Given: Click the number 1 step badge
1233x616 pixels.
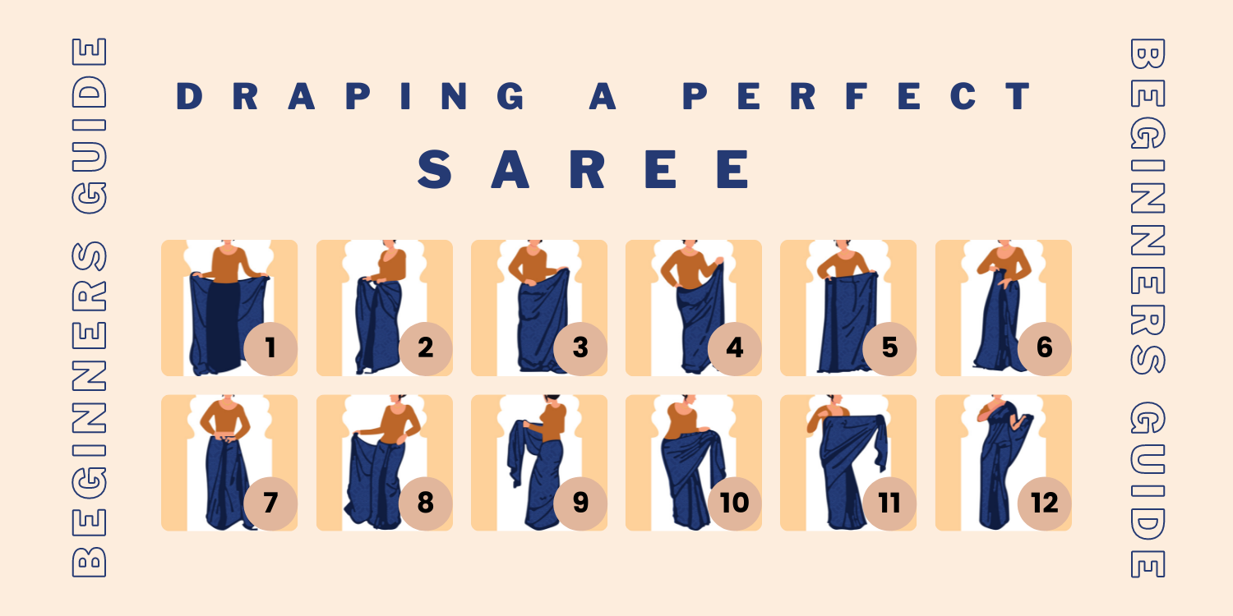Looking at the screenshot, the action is click(270, 349).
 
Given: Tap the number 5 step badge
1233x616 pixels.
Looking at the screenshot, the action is click(889, 349).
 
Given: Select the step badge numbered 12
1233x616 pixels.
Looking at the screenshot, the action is click(1044, 503).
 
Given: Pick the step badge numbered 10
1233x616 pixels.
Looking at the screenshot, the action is click(735, 503).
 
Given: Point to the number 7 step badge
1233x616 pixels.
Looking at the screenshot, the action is click(270, 503).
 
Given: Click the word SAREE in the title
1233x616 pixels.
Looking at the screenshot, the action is click(584, 169).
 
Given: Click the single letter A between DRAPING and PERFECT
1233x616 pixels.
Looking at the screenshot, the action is click(603, 96).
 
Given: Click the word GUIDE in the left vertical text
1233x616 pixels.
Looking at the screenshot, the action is click(89, 126).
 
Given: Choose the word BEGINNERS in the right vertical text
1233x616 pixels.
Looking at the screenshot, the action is click(1148, 206).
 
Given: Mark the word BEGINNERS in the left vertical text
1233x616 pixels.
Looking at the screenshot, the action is click(89, 410).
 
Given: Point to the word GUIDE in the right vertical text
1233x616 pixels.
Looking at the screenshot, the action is click(1148, 490).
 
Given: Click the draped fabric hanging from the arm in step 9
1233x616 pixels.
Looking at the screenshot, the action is click(522, 452).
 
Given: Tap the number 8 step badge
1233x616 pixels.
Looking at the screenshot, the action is click(426, 503).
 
